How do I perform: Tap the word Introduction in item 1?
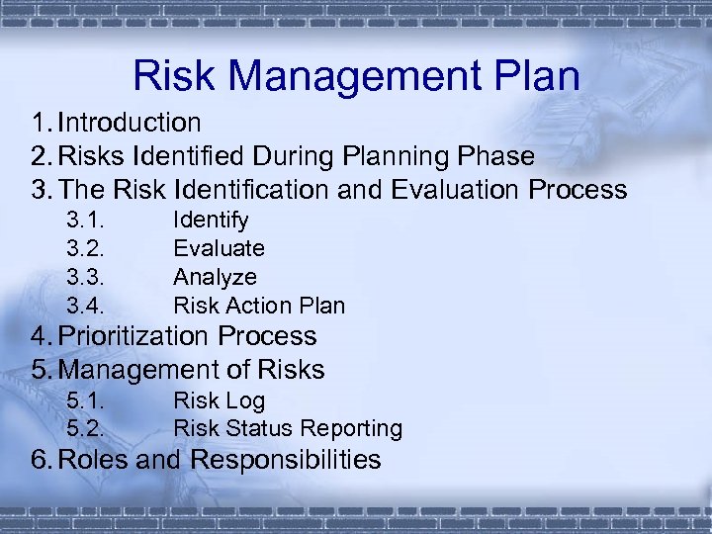click(x=130, y=123)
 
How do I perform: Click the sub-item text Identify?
click(x=211, y=220)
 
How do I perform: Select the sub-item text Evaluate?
click(x=219, y=248)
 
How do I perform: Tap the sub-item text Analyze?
click(x=215, y=277)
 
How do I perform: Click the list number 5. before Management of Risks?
click(x=41, y=370)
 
